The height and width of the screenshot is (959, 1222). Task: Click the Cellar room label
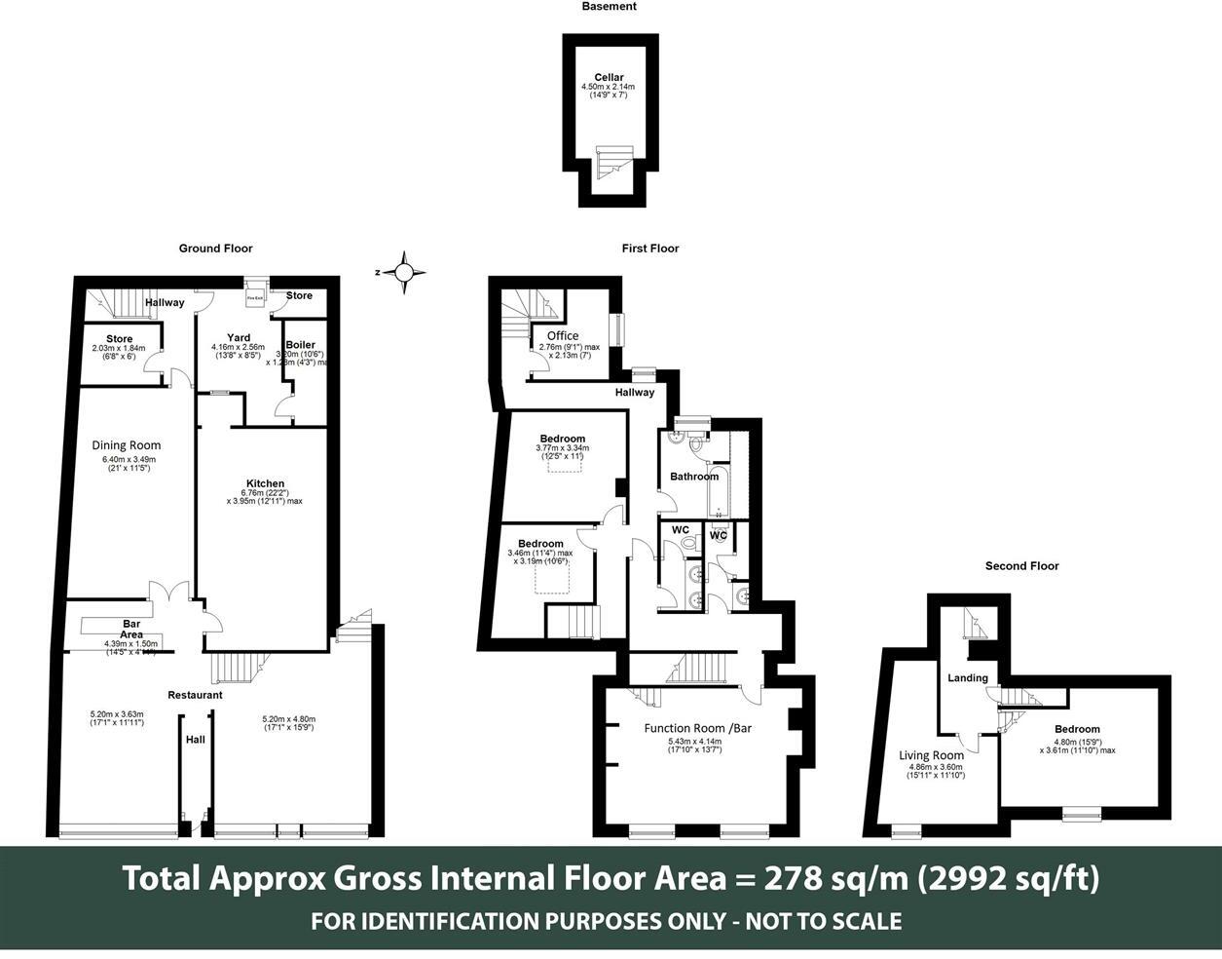(x=609, y=78)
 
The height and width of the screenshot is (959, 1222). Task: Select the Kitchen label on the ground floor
(x=265, y=483)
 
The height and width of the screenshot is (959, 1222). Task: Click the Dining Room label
(x=127, y=445)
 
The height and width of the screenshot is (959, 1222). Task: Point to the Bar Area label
(x=132, y=629)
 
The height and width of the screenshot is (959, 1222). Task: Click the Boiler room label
(x=300, y=345)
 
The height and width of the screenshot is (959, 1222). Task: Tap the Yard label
(x=239, y=338)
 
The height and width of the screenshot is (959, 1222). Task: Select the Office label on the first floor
(x=563, y=336)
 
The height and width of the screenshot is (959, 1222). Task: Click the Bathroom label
(x=694, y=477)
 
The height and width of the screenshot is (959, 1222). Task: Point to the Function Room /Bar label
(x=698, y=728)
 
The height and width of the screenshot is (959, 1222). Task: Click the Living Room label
(x=931, y=755)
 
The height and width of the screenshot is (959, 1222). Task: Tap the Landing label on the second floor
(x=968, y=678)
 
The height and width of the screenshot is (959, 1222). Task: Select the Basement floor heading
(x=609, y=7)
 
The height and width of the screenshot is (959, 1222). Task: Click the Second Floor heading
(x=1021, y=566)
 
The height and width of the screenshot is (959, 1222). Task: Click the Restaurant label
(x=195, y=695)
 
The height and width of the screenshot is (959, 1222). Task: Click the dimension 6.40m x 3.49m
(x=130, y=460)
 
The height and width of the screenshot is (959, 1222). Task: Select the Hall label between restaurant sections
(x=196, y=740)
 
